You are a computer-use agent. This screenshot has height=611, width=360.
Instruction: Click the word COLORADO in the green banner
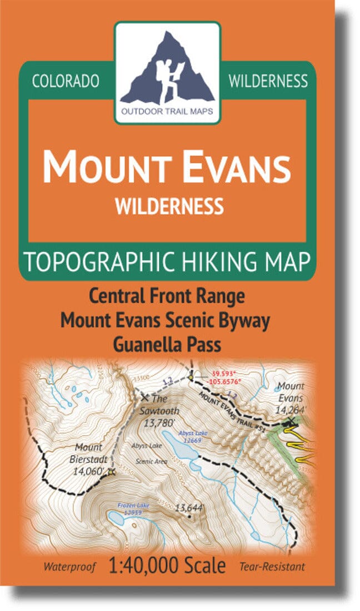[x=66, y=81]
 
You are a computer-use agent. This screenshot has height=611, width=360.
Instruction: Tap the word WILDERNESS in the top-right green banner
[x=268, y=81]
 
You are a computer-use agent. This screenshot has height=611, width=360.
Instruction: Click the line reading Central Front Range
[x=168, y=296]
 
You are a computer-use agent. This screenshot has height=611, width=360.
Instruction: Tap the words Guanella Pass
[x=167, y=344]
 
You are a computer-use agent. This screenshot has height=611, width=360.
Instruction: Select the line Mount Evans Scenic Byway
[x=168, y=320]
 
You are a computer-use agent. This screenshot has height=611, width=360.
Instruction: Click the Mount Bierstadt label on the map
[x=88, y=453]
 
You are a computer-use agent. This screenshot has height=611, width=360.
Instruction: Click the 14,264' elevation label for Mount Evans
[x=289, y=410]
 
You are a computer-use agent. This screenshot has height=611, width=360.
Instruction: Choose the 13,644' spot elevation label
[x=190, y=507]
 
